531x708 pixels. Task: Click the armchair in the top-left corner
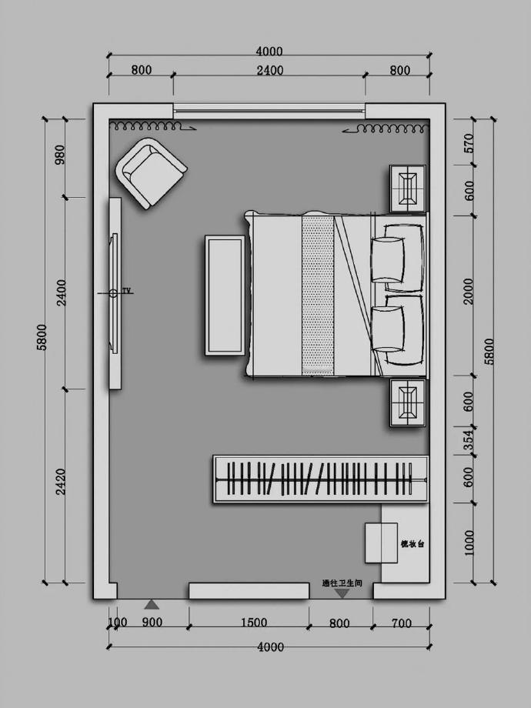[152, 172]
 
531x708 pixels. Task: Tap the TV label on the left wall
[126, 292]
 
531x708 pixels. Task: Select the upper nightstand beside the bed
[406, 188]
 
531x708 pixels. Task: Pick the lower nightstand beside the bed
[406, 402]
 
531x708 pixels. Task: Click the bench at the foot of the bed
[225, 296]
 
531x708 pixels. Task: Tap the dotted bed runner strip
[318, 296]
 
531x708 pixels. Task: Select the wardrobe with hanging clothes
[320, 479]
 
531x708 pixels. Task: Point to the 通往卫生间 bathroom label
[342, 584]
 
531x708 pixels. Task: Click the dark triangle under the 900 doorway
[152, 605]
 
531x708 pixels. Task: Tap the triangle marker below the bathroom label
[342, 593]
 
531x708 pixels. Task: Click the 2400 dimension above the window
[269, 70]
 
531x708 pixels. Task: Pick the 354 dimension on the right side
[469, 439]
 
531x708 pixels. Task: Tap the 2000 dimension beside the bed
[469, 296]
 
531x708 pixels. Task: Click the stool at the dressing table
[381, 543]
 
